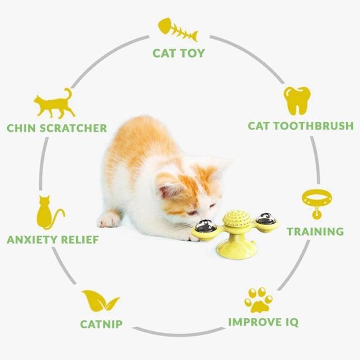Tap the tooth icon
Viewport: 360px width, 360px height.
297,101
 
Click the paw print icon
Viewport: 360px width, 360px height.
259,300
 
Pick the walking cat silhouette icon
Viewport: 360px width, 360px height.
55,104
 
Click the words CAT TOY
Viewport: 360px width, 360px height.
178,53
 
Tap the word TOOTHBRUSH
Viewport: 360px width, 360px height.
313,126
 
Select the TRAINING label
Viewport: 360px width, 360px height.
315,231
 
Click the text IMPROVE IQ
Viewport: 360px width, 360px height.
263,322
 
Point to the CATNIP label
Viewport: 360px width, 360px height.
101,324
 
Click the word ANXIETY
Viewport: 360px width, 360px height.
32,240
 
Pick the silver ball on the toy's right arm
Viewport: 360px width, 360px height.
266,219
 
